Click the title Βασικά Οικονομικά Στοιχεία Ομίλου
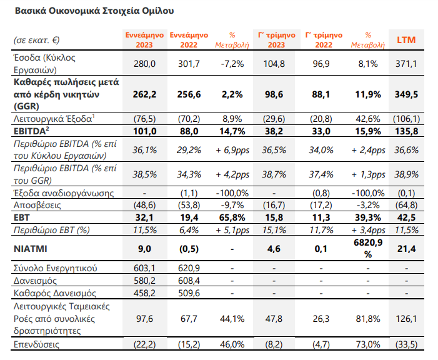pos(94,11)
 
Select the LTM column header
pos(406,40)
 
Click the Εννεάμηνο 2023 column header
pos(144,40)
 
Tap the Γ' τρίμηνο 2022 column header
pos(324,40)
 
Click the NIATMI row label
pos(31,249)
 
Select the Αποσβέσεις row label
pos(37,205)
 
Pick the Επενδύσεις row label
pos(36,344)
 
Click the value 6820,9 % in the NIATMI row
pos(368,248)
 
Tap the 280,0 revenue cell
pos(144,64)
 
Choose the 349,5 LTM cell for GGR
pos(406,94)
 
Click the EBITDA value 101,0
pos(144,131)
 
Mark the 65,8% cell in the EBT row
pos(232,217)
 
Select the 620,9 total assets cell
pos(189,268)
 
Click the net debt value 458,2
pos(144,293)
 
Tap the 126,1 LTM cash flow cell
pos(406,319)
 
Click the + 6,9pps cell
pos(232,151)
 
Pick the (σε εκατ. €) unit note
pos(37,40)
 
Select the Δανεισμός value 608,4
pos(189,281)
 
